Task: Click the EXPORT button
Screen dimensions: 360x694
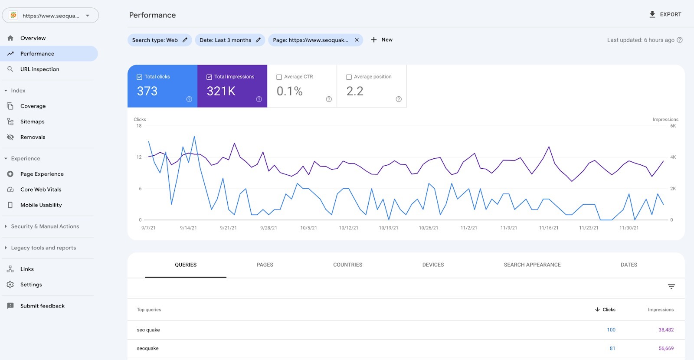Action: click(x=665, y=14)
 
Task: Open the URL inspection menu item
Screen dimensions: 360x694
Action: click(x=39, y=69)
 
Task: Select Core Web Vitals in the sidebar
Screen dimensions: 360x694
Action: click(x=41, y=190)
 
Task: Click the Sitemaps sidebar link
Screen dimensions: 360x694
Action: click(x=32, y=122)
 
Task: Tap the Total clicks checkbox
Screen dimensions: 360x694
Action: click(x=140, y=77)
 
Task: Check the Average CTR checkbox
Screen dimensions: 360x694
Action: click(x=279, y=77)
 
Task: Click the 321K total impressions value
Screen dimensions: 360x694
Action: click(x=221, y=91)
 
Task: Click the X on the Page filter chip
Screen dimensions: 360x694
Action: click(x=357, y=40)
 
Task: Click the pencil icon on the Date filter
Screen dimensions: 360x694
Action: click(x=258, y=40)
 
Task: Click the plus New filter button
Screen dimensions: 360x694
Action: click(x=382, y=40)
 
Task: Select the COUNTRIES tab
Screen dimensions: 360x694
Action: click(x=347, y=265)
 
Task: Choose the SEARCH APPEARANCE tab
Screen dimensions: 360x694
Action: click(x=532, y=265)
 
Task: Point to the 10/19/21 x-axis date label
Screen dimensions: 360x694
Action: click(x=389, y=228)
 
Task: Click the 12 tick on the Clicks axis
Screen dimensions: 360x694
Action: click(x=139, y=157)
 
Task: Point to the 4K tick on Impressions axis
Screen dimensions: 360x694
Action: click(x=673, y=157)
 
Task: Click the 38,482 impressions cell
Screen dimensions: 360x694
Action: click(x=666, y=330)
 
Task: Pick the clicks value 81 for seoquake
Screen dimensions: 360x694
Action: click(x=612, y=348)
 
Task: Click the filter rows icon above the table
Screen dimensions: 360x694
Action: click(x=671, y=287)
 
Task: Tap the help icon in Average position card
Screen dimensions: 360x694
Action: click(x=399, y=99)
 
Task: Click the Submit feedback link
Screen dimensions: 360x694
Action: click(x=42, y=306)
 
